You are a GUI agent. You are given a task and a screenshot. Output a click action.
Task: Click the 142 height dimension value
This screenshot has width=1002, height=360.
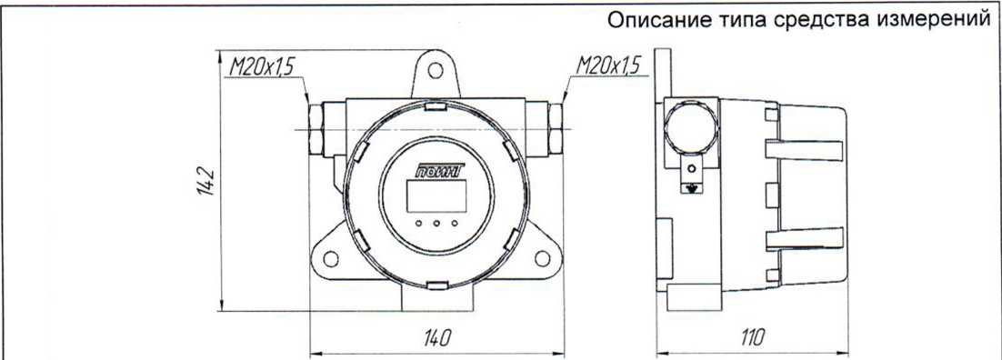point(205,181)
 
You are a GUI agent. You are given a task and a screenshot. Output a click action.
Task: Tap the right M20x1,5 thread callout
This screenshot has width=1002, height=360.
point(607,65)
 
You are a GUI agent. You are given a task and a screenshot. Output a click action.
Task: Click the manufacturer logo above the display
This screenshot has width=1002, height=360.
point(440,170)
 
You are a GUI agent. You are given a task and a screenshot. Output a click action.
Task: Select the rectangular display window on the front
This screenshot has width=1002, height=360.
point(436,195)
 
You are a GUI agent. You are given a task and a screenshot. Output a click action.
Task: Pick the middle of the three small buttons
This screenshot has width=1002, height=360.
point(437,223)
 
